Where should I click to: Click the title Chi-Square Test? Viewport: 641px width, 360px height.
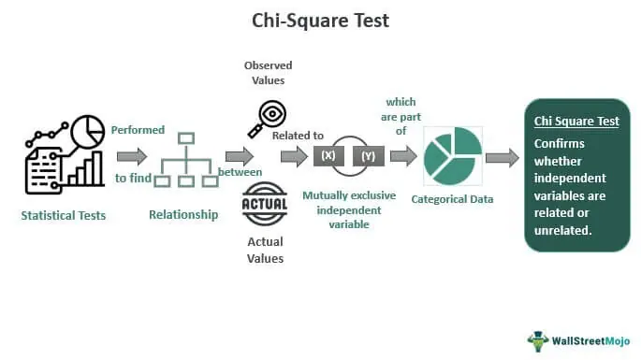point(320,20)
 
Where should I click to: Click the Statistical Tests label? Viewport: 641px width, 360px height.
point(64,216)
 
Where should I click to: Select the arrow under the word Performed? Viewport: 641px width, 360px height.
point(131,156)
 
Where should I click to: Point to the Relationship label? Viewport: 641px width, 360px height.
point(183,215)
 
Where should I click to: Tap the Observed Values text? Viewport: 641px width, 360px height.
point(268,73)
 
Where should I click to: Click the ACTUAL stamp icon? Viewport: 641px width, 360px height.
point(265,204)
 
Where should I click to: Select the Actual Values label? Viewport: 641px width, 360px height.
point(265,251)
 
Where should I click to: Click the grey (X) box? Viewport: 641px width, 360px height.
point(328,156)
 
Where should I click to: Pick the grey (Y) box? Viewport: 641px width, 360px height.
point(368,156)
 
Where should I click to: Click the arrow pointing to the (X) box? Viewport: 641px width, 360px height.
point(294,156)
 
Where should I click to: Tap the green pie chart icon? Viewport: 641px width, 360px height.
point(453,155)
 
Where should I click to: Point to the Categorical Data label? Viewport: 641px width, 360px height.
point(451,199)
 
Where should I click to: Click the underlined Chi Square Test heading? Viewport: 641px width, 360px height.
point(576,122)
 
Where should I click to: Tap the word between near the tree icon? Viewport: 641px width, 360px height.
point(240,172)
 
